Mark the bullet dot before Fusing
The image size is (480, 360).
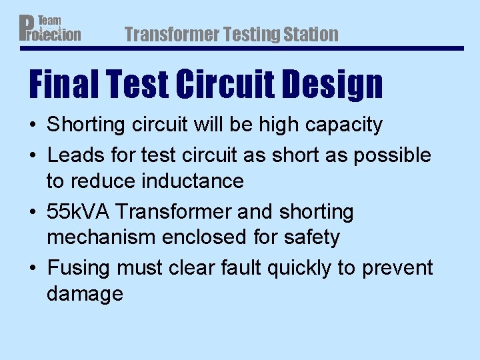click(33, 269)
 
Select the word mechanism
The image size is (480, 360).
click(99, 237)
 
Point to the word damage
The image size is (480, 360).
click(85, 294)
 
